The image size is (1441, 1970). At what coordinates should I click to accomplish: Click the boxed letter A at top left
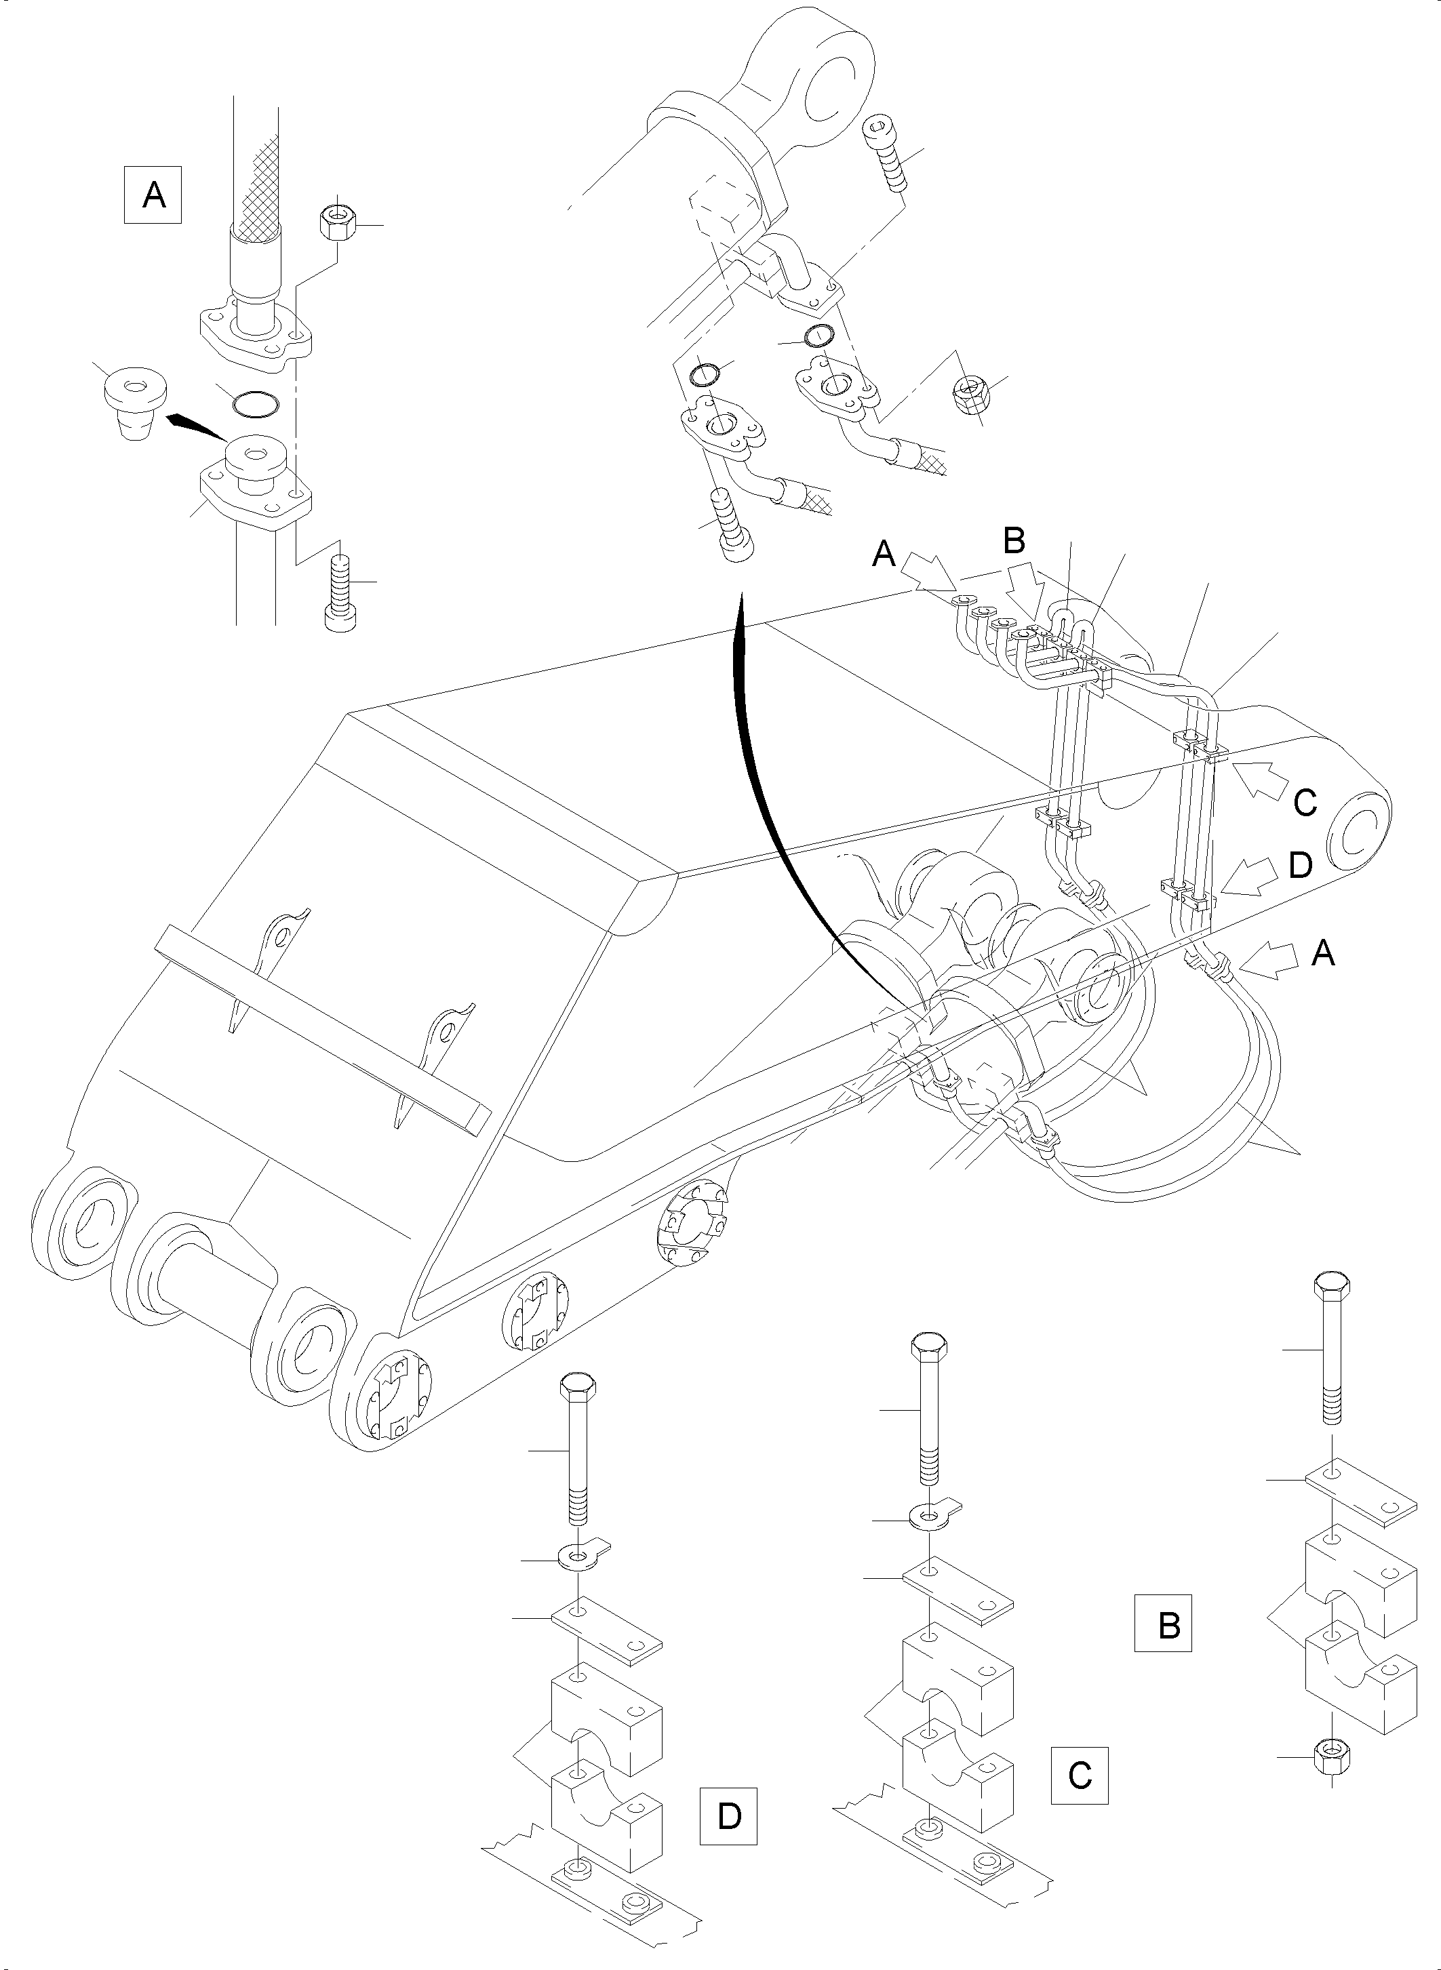[x=153, y=195]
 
